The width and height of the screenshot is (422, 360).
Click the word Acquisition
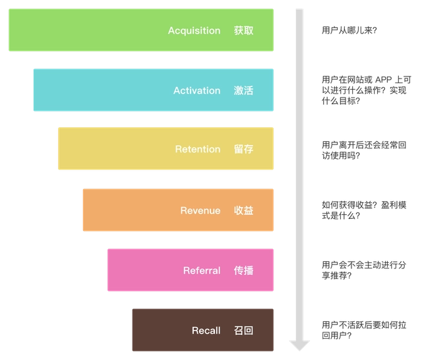tap(194, 31)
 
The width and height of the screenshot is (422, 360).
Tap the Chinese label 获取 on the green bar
tap(243, 31)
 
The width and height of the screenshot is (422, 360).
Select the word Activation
tap(196, 90)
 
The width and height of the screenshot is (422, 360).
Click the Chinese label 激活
tap(243, 90)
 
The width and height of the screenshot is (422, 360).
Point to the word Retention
tap(198, 149)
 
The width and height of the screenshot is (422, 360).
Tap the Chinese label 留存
tap(243, 149)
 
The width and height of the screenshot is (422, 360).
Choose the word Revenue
tap(200, 210)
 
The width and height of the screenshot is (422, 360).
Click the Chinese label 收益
tap(243, 210)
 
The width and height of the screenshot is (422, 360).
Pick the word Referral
tap(202, 270)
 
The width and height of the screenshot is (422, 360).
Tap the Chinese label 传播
tap(243, 270)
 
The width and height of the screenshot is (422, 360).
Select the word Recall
tap(206, 330)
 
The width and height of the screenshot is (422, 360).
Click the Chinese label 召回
tap(243, 330)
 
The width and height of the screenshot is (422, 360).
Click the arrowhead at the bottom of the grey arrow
tap(299, 344)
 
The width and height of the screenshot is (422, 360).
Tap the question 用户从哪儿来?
tap(349, 31)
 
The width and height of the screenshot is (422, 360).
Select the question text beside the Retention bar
tap(359, 150)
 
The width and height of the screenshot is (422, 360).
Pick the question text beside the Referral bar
tap(359, 270)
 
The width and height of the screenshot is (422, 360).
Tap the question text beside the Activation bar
tap(359, 90)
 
